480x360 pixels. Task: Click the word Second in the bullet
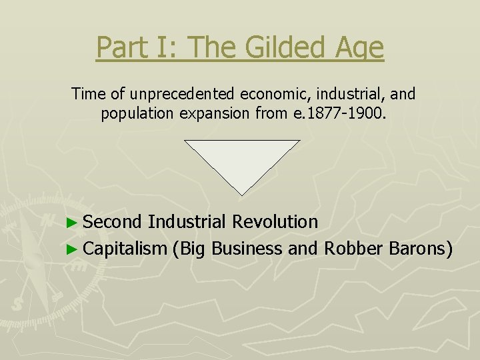(x=113, y=221)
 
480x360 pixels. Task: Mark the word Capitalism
(x=125, y=249)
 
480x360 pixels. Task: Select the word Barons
(x=419, y=249)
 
